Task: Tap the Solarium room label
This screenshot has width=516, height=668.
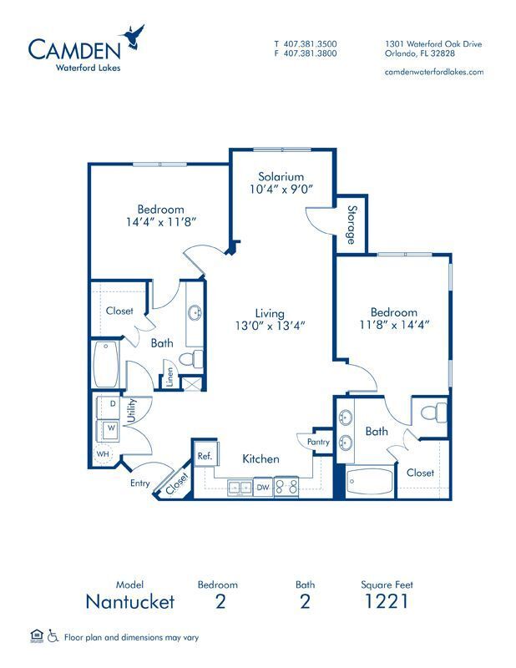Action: tap(280, 176)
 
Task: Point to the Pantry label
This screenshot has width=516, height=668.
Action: tap(318, 442)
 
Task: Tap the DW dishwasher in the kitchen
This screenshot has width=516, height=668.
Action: tap(262, 487)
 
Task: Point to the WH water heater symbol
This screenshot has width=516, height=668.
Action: tap(104, 455)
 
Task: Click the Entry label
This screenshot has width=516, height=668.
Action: tap(139, 483)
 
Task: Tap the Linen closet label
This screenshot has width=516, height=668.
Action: tap(169, 378)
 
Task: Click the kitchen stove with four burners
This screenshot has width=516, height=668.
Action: tap(286, 487)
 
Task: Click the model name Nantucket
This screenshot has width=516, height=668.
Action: tap(130, 601)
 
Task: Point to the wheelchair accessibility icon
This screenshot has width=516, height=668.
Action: tap(53, 636)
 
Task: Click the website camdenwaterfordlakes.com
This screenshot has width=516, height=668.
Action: tap(434, 72)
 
